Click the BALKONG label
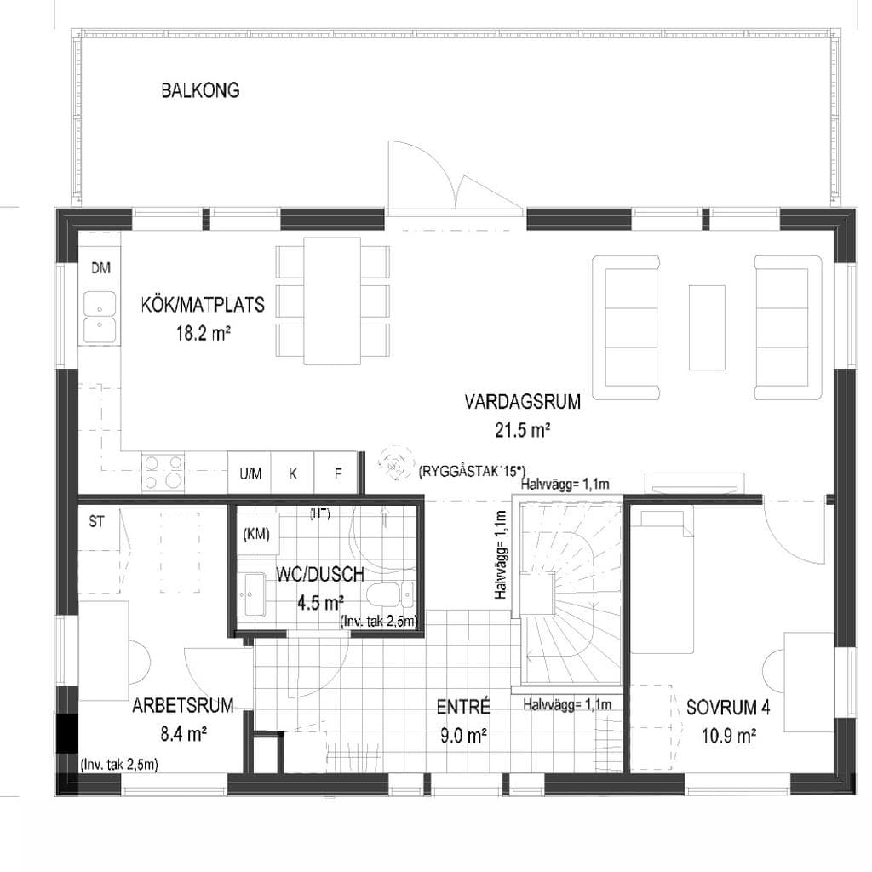point(200,90)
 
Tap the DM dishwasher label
point(100,268)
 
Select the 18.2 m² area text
point(203,334)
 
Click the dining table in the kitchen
point(332,301)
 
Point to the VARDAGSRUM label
point(522,402)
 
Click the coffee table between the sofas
point(707,328)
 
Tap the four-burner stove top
point(163,473)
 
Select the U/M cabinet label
point(250,473)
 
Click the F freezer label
point(337,473)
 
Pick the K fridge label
point(293,473)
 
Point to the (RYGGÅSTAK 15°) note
point(472,472)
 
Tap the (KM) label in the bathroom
point(256,535)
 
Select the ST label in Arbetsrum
point(96,522)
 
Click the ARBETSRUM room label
point(183,705)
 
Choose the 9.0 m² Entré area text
point(464,736)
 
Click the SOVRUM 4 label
point(729,708)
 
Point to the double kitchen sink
point(100,317)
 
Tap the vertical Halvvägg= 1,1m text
point(501,554)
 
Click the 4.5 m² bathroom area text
point(320,602)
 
